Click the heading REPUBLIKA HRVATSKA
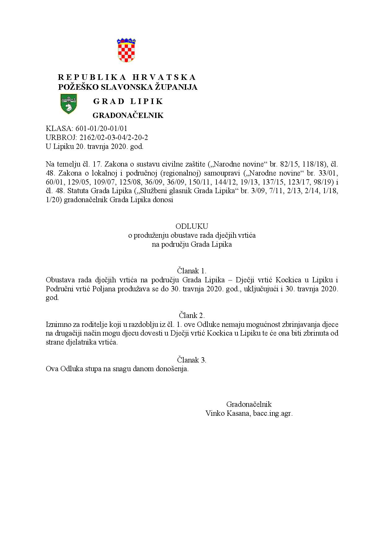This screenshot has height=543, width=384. (x=127, y=77)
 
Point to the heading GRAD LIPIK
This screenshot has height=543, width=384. (x=128, y=101)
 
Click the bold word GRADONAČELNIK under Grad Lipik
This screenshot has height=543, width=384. (x=128, y=115)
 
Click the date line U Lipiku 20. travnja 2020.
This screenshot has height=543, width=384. (x=94, y=146)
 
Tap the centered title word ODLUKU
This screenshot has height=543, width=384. (x=192, y=226)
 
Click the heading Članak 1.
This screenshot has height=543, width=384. (x=192, y=271)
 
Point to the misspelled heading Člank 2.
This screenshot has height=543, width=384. (x=192, y=315)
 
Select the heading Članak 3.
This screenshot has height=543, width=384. (x=192, y=360)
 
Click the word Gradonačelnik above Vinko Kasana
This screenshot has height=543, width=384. (x=249, y=404)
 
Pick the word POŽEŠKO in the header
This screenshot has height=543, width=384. (x=73, y=87)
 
